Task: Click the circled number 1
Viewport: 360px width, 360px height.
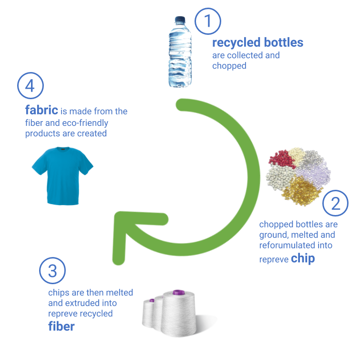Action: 208,21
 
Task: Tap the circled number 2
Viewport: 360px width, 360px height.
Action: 335,203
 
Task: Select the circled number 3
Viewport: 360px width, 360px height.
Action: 52,270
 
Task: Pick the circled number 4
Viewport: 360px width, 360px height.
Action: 31,86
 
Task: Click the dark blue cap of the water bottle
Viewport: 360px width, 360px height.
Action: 180,19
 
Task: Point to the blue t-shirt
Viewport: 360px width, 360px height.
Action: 62,175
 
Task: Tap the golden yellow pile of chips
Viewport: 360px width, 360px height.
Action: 301,191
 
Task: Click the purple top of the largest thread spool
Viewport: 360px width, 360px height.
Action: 179,292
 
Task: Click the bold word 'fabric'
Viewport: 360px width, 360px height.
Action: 41,110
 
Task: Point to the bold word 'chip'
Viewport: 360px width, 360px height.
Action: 303,259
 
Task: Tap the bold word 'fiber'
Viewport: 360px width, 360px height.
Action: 62,326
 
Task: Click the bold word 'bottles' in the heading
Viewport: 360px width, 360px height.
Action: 284,42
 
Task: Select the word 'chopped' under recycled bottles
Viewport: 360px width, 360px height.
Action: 229,66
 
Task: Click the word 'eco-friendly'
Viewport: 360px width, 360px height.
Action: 85,123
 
